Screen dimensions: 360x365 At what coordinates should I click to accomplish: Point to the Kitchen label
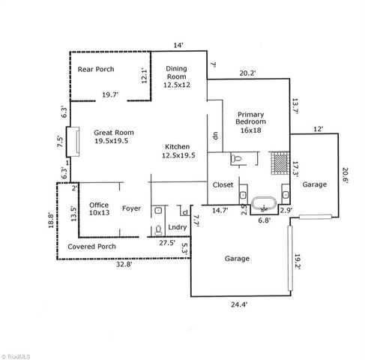[177, 151]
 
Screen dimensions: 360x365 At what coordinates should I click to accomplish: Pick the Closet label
[223, 184]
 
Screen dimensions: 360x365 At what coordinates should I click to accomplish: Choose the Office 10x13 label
[99, 208]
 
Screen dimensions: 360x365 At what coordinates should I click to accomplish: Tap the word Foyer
[132, 209]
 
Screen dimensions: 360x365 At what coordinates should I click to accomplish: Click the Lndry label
[177, 227]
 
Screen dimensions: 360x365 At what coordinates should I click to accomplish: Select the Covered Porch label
[91, 246]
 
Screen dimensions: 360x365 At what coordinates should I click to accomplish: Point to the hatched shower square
[279, 162]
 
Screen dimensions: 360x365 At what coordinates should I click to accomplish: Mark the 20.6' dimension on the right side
[346, 175]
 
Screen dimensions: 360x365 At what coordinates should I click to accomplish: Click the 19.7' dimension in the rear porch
[110, 94]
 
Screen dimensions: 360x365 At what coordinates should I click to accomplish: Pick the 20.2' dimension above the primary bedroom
[247, 73]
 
